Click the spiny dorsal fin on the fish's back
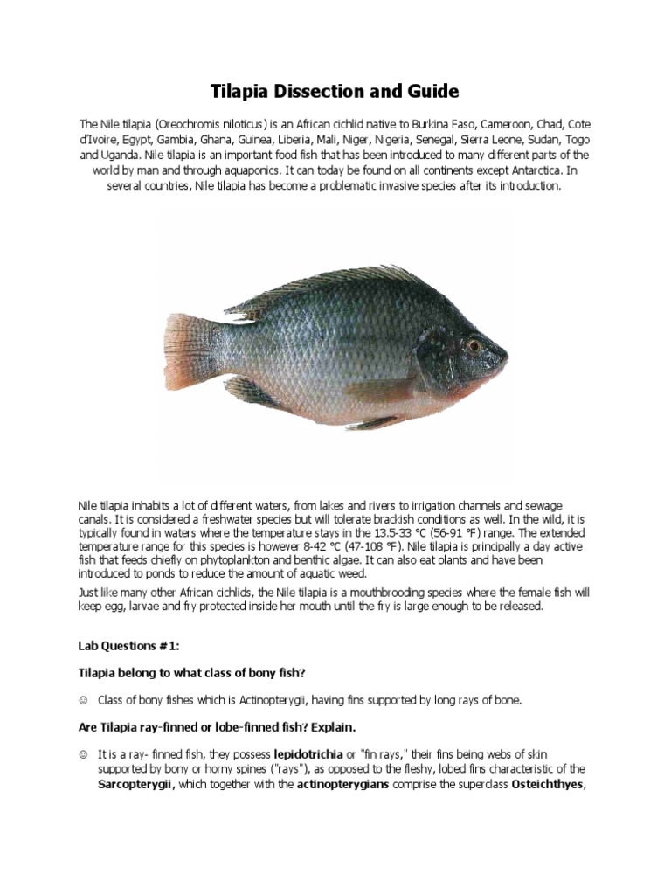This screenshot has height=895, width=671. click(x=349, y=278)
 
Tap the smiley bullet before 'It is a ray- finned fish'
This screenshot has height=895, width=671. click(x=83, y=753)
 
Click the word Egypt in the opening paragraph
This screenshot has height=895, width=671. click(x=142, y=139)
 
